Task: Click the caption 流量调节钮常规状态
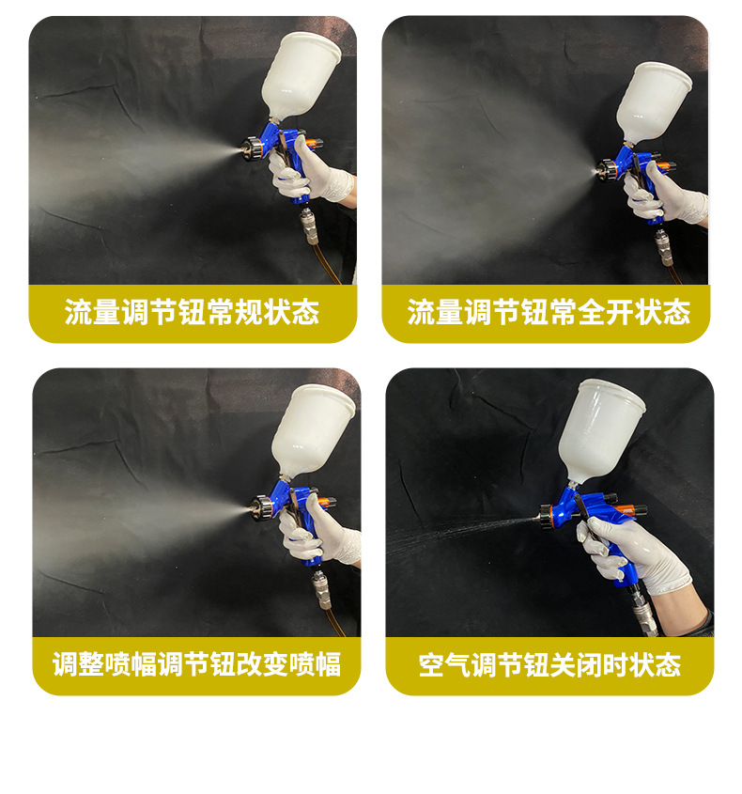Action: [x=192, y=313]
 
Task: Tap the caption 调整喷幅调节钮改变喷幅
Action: [x=196, y=665]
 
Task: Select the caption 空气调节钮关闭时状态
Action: [x=549, y=666]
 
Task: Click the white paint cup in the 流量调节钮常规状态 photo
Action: [x=298, y=75]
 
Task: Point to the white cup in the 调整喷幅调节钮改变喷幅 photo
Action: [x=314, y=428]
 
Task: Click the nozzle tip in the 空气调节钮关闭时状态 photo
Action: [x=545, y=513]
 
